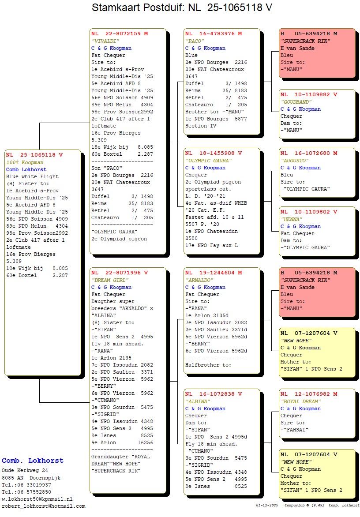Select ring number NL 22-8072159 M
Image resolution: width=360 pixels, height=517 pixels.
pos(120,34)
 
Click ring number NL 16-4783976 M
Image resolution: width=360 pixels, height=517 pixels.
pos(214,34)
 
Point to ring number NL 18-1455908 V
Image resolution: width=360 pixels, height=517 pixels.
pos(214,153)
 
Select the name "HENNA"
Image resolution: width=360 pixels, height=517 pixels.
pos(291,219)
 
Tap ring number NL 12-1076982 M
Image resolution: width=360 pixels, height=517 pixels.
pos(309,394)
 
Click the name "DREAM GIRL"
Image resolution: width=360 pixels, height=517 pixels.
pos(110,280)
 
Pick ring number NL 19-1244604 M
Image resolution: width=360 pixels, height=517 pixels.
pos(214,273)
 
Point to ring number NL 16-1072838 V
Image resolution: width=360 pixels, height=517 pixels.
pos(214,394)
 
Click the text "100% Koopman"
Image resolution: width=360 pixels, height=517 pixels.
pos(25,162)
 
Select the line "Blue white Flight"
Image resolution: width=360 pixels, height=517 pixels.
pos(32,176)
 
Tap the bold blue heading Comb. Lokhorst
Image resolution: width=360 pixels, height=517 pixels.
pos(33,461)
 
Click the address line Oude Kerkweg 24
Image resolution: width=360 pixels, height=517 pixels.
pos(25,471)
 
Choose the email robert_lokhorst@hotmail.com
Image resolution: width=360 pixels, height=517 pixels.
pos(44,506)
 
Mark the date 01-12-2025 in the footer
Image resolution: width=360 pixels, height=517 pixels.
pos(267,505)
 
